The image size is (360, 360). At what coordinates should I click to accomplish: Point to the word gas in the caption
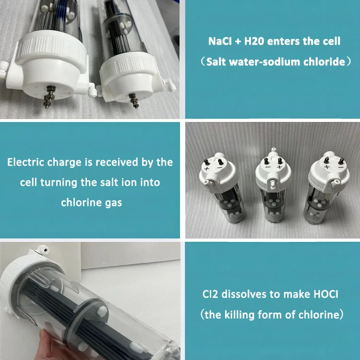coord(114,203)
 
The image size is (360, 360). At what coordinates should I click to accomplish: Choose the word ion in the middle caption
coord(132,182)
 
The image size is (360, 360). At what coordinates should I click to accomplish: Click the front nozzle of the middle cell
coord(273,184)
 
